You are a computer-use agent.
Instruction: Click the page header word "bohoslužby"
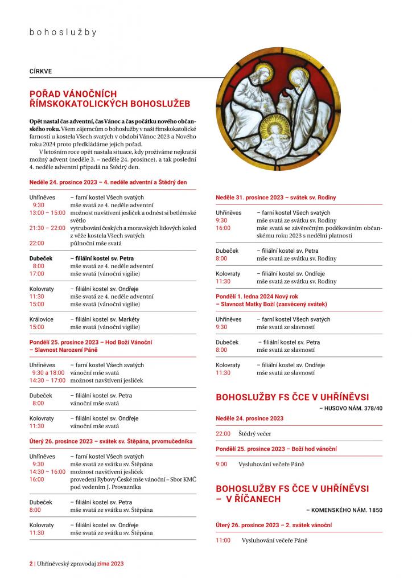63,32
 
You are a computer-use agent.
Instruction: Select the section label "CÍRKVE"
41,72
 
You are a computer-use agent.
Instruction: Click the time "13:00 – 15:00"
47,212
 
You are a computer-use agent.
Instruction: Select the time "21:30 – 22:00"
47,228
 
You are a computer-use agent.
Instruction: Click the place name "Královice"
42,319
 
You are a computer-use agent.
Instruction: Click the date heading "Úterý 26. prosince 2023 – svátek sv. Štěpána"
111,441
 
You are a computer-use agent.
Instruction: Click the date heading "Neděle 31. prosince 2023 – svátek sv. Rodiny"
275,197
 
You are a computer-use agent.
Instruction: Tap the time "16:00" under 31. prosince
223,228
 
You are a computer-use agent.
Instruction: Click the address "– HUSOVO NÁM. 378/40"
351,408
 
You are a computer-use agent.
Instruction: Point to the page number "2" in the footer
31,563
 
